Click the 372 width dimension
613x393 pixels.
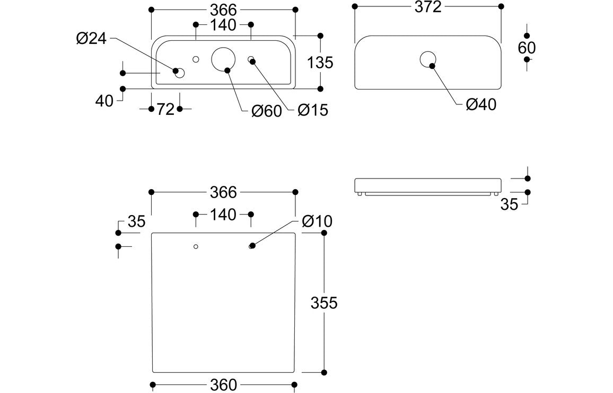click(427, 7)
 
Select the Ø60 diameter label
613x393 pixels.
click(266, 111)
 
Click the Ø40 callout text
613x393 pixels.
click(481, 105)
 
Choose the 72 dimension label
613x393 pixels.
click(165, 109)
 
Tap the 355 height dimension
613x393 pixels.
click(324, 303)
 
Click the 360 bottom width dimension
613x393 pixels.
click(223, 385)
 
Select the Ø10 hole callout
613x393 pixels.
click(317, 221)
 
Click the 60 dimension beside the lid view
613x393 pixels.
click(527, 48)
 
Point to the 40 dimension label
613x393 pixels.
click(105, 101)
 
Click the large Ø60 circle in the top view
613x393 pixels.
click(223, 58)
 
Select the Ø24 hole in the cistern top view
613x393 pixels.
click(180, 73)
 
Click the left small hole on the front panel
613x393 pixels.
click(196, 246)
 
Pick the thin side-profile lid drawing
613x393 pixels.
click(427, 185)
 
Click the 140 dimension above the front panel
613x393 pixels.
click(223, 215)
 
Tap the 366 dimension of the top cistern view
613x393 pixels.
click(223, 10)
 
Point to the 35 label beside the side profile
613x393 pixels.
click(509, 204)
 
